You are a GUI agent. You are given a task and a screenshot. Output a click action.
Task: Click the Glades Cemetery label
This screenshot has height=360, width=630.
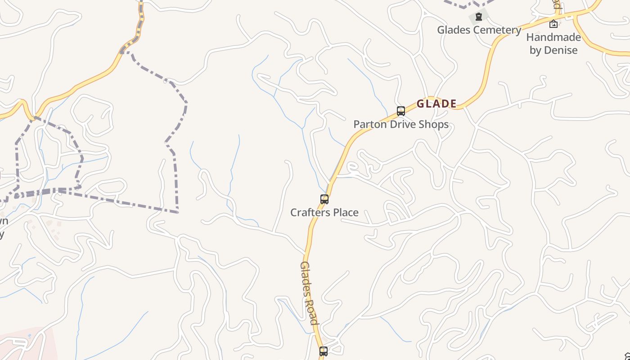[x=479, y=30]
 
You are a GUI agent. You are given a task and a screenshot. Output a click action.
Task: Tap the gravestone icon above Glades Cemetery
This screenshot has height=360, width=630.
[x=479, y=17]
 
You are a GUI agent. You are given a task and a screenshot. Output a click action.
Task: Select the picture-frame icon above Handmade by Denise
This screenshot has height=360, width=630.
[x=553, y=24]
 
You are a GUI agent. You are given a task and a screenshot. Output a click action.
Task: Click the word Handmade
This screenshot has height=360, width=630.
[x=553, y=37]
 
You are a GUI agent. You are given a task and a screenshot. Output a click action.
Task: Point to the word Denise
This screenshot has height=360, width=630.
[x=560, y=50]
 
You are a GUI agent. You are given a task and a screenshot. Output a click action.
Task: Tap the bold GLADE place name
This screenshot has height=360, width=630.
[x=436, y=104]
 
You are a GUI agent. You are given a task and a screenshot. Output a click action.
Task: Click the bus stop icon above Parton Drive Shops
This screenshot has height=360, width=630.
[x=400, y=111]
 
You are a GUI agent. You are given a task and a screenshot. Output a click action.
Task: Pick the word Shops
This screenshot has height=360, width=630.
[x=434, y=125]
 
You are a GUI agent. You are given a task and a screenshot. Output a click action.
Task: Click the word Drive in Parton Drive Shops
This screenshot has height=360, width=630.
[x=402, y=124]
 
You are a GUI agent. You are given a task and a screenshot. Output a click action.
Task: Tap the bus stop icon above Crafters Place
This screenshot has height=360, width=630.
[x=324, y=199]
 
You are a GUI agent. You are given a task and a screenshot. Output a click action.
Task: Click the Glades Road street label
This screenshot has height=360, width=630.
[x=309, y=292]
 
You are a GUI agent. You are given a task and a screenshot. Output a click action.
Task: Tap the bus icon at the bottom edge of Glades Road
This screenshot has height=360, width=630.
[x=323, y=351]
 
